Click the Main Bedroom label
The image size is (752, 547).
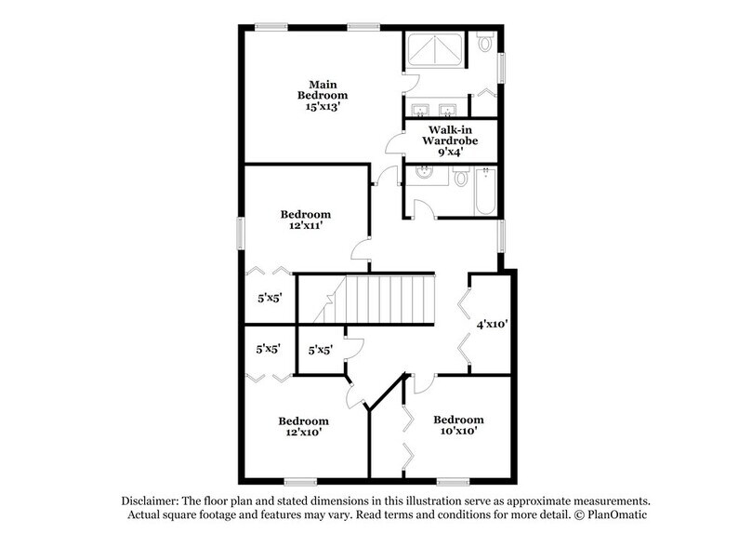coord(323,88)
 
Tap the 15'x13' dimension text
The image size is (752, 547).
coord(323,108)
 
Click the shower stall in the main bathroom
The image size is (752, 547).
coord(434,50)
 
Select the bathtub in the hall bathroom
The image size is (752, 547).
coord(485,191)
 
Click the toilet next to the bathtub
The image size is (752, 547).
coord(460,177)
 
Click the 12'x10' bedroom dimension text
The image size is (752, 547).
coord(303,432)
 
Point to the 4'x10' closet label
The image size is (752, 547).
coord(492,325)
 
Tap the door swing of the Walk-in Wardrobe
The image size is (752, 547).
coord(395,145)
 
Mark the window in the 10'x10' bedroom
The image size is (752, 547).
coord(453,481)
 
